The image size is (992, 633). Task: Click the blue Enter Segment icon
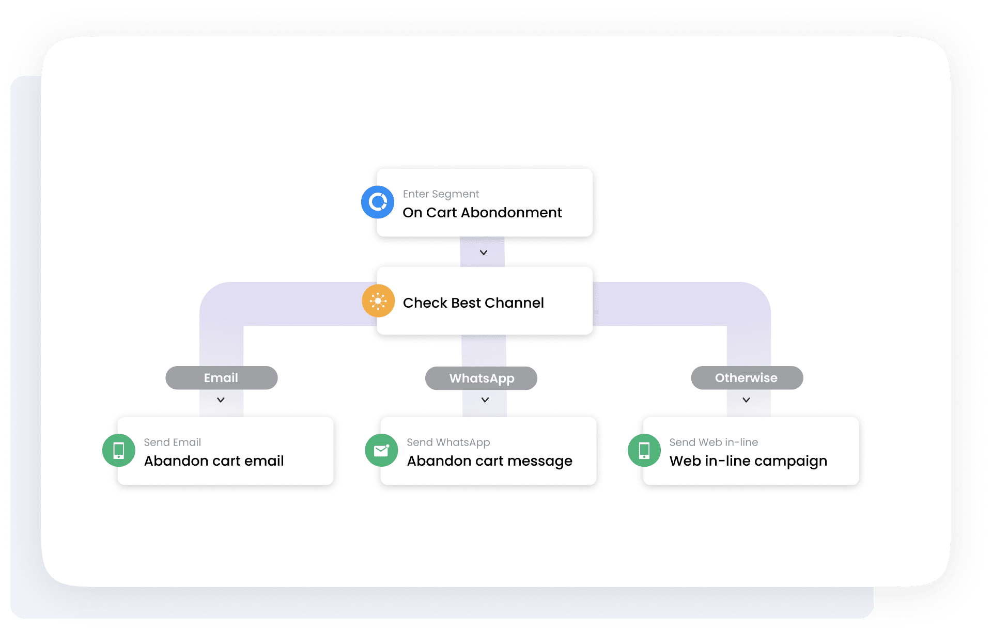click(378, 202)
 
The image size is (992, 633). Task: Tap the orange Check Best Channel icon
click(378, 300)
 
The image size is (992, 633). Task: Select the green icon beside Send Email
click(119, 450)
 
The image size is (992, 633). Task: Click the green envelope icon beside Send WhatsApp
click(381, 450)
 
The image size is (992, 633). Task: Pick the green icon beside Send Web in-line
click(644, 450)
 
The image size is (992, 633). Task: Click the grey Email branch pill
click(221, 378)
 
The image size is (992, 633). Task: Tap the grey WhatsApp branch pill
click(481, 378)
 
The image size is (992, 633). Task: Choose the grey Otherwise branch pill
click(747, 378)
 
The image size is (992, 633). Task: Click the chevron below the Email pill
click(221, 400)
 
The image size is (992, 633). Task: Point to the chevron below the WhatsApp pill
click(485, 400)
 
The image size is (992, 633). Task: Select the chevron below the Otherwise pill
click(747, 400)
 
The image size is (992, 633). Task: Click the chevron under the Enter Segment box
click(484, 252)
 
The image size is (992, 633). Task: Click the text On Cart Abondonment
click(482, 213)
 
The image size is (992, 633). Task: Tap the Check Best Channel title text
click(473, 303)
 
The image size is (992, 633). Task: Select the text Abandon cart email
click(214, 461)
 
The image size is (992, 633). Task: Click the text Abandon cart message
click(490, 461)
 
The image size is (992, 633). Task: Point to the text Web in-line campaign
click(748, 461)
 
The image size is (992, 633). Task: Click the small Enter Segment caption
click(441, 194)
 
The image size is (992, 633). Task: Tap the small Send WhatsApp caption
click(448, 442)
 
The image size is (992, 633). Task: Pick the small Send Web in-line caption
click(714, 442)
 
